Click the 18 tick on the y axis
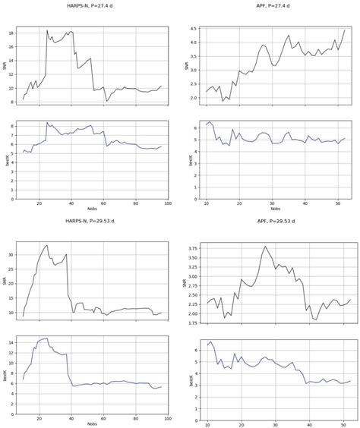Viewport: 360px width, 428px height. coord(13,33)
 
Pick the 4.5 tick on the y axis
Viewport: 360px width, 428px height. coord(195,29)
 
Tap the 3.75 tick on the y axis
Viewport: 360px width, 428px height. coord(192,247)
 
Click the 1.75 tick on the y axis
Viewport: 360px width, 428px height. coord(192,322)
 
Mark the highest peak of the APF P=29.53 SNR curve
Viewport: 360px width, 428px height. coord(265,246)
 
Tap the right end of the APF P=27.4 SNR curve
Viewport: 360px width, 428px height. coord(344,30)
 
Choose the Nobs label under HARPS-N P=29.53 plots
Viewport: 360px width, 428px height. coord(93,423)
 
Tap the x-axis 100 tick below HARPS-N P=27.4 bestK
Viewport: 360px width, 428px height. coord(168,203)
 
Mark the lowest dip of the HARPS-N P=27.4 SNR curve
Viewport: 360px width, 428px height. coord(107,101)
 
